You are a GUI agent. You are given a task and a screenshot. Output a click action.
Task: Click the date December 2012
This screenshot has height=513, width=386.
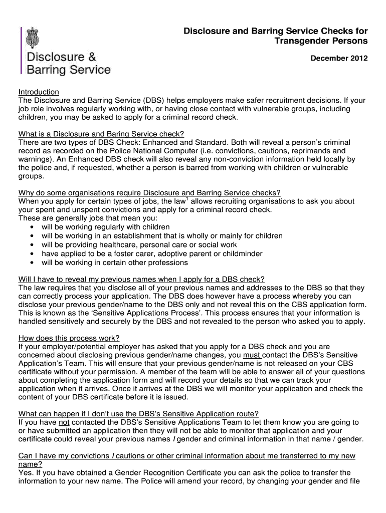(x=339, y=59)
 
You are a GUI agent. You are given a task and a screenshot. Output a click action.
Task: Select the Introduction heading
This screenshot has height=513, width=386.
(x=39, y=92)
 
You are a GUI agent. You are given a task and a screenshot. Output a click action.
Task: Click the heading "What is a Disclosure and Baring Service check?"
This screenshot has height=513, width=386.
(x=101, y=134)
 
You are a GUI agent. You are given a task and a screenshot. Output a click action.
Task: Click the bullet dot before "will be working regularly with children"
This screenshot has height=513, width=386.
(x=32, y=227)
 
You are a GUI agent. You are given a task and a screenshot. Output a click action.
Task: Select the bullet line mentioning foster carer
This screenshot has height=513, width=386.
(x=152, y=253)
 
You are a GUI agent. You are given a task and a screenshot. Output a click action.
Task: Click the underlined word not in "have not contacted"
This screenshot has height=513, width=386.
(x=64, y=422)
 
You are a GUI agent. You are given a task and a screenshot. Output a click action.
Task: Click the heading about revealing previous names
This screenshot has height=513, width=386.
(x=141, y=279)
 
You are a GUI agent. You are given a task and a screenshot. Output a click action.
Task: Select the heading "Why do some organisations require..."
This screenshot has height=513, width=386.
(x=149, y=192)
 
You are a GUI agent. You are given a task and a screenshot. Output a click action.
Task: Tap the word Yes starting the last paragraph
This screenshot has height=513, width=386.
(x=25, y=472)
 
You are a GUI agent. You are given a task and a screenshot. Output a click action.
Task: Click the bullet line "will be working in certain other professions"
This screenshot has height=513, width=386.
(x=114, y=263)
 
